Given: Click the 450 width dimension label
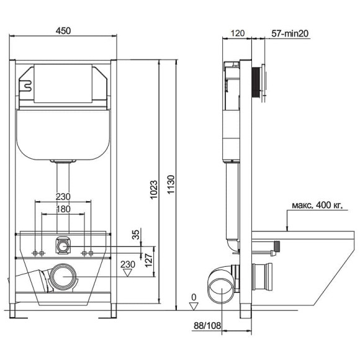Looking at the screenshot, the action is pyautogui.click(x=63, y=31).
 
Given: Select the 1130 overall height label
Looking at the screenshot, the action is pyautogui.click(x=171, y=184).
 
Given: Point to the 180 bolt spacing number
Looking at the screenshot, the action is pyautogui.click(x=63, y=209).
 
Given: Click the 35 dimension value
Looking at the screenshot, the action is pyautogui.click(x=136, y=235).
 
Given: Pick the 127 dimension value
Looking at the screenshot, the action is pyautogui.click(x=149, y=260).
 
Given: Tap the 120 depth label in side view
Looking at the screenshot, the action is pyautogui.click(x=237, y=34).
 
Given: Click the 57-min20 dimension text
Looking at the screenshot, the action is pyautogui.click(x=290, y=34).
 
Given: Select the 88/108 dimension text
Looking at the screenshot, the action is pyautogui.click(x=207, y=325).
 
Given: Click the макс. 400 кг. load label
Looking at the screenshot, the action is pyautogui.click(x=317, y=205).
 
